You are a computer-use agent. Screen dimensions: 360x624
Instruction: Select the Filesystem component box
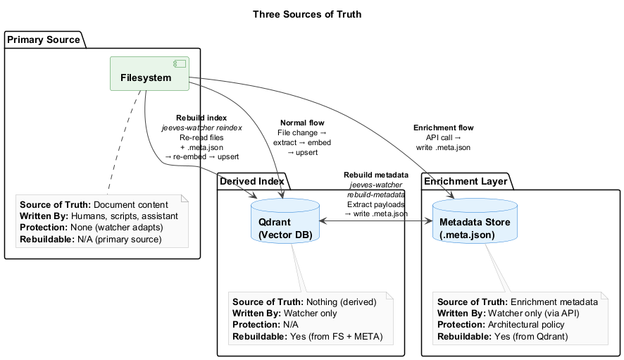146,73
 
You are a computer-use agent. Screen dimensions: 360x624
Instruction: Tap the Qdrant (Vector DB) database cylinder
285,220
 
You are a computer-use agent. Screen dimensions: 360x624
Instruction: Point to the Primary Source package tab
44,39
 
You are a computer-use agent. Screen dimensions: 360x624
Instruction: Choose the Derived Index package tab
252,181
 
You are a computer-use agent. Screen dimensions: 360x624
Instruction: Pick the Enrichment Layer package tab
464,181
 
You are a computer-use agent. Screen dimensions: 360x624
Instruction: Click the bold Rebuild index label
201,118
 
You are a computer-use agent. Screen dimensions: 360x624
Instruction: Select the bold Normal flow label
302,123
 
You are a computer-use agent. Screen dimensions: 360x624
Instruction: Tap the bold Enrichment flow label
443,128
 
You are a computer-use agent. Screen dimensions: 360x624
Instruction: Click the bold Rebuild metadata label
376,174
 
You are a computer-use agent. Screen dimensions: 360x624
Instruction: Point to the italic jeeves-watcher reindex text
201,128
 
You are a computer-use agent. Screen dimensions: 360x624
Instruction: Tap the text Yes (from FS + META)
336,336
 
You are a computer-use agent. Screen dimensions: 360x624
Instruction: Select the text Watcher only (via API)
536,313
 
